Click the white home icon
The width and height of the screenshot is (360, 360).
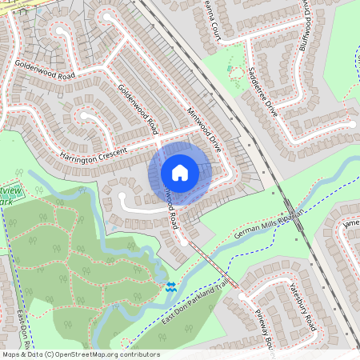click(x=180, y=172)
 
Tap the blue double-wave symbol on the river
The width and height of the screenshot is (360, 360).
click(x=170, y=286)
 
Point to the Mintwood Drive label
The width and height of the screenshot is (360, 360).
click(x=203, y=128)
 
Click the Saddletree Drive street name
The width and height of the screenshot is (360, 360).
click(x=262, y=88)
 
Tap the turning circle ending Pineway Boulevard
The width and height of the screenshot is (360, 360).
click(x=242, y=297)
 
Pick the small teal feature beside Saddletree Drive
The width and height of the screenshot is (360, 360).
click(x=235, y=72)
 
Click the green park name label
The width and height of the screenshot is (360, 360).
click(x=11, y=196)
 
